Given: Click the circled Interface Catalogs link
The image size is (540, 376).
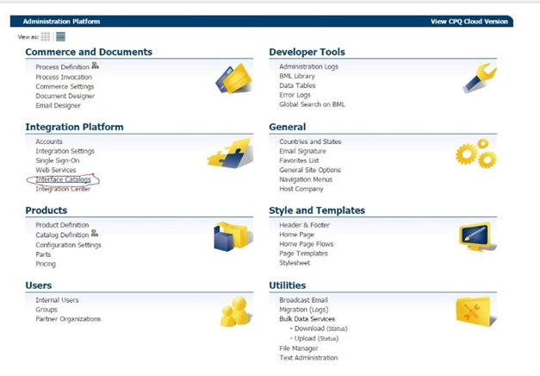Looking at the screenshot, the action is point(64,179).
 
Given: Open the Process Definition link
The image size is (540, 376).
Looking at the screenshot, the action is point(62,67).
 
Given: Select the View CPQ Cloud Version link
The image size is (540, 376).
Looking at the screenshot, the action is point(469,22).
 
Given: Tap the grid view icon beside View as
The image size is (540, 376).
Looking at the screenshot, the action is point(46,36).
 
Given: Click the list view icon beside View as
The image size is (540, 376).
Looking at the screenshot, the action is point(60,36).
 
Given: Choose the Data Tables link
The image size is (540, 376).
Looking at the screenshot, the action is point(297,85).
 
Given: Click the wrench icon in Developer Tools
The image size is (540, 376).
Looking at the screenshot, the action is point(480,78).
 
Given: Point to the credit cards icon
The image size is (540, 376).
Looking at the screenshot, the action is point(234,78).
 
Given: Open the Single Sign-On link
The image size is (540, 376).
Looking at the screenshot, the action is point(58,160).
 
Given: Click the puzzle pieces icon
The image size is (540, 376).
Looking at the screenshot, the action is point(230,154).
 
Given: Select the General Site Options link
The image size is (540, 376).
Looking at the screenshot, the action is point(310,170).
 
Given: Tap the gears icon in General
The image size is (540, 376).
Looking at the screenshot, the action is point(476,154).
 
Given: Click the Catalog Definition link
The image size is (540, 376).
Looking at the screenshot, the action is point(62,235).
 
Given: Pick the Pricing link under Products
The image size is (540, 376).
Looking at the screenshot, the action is point(46,264).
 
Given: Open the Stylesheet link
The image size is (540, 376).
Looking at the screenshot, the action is point(295,263).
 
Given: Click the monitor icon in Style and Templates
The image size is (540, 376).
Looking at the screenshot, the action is point(478,236).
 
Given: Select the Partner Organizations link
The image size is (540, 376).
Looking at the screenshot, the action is point(68,319).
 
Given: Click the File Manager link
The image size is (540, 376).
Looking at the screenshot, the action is point(299,348).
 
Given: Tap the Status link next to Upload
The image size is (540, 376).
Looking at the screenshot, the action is point(328,339).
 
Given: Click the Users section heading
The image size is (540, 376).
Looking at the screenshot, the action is point(39,285).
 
